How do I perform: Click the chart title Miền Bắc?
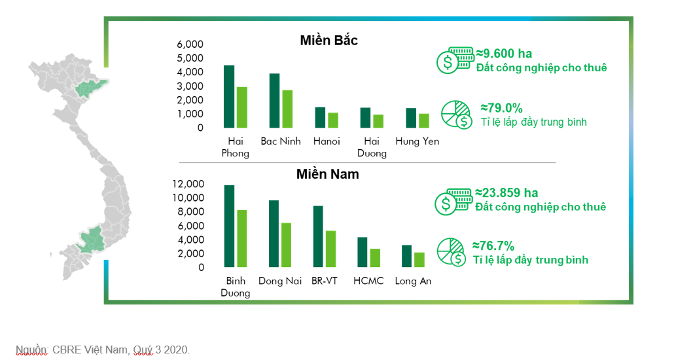(x=329, y=41)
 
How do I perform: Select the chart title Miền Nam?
(x=327, y=174)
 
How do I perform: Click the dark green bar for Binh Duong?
(x=229, y=226)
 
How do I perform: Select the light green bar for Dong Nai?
(x=286, y=245)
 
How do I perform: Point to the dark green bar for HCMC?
(x=363, y=252)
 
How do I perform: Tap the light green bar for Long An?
(x=419, y=260)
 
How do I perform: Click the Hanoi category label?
(x=327, y=141)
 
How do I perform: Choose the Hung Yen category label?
(x=417, y=141)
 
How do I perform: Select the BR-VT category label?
(x=325, y=281)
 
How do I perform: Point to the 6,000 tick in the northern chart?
(x=190, y=45)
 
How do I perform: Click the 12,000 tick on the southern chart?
(x=188, y=184)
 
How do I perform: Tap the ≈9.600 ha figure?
(x=504, y=53)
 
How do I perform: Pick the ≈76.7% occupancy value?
(x=493, y=246)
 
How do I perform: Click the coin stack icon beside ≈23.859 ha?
(x=453, y=200)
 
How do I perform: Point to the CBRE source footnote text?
(x=103, y=350)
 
